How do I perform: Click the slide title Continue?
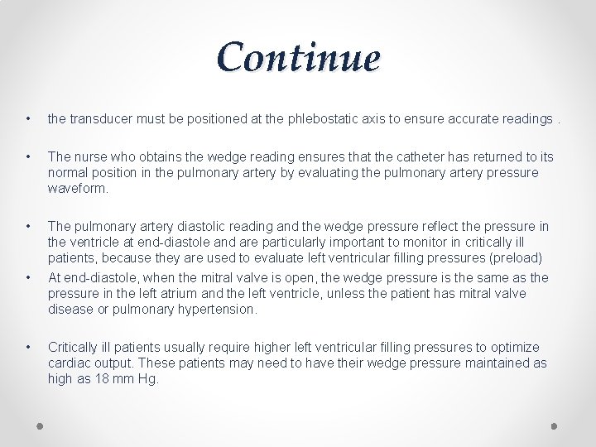[298, 57]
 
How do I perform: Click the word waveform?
[78, 188]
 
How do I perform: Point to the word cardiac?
[70, 363]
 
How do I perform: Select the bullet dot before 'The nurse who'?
[29, 156]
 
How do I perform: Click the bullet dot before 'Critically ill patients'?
[29, 347]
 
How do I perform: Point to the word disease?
[71, 310]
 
